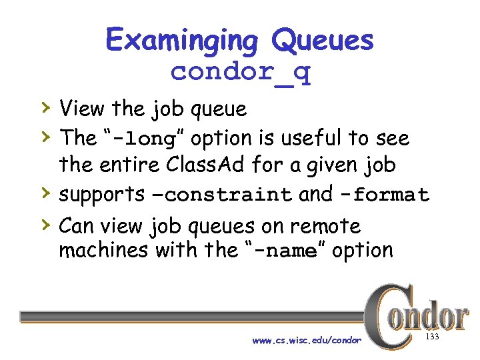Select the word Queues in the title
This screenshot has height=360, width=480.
pyautogui.click(x=323, y=41)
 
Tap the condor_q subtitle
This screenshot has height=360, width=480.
pyautogui.click(x=240, y=71)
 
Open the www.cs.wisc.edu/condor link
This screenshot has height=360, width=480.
pyautogui.click(x=307, y=341)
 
